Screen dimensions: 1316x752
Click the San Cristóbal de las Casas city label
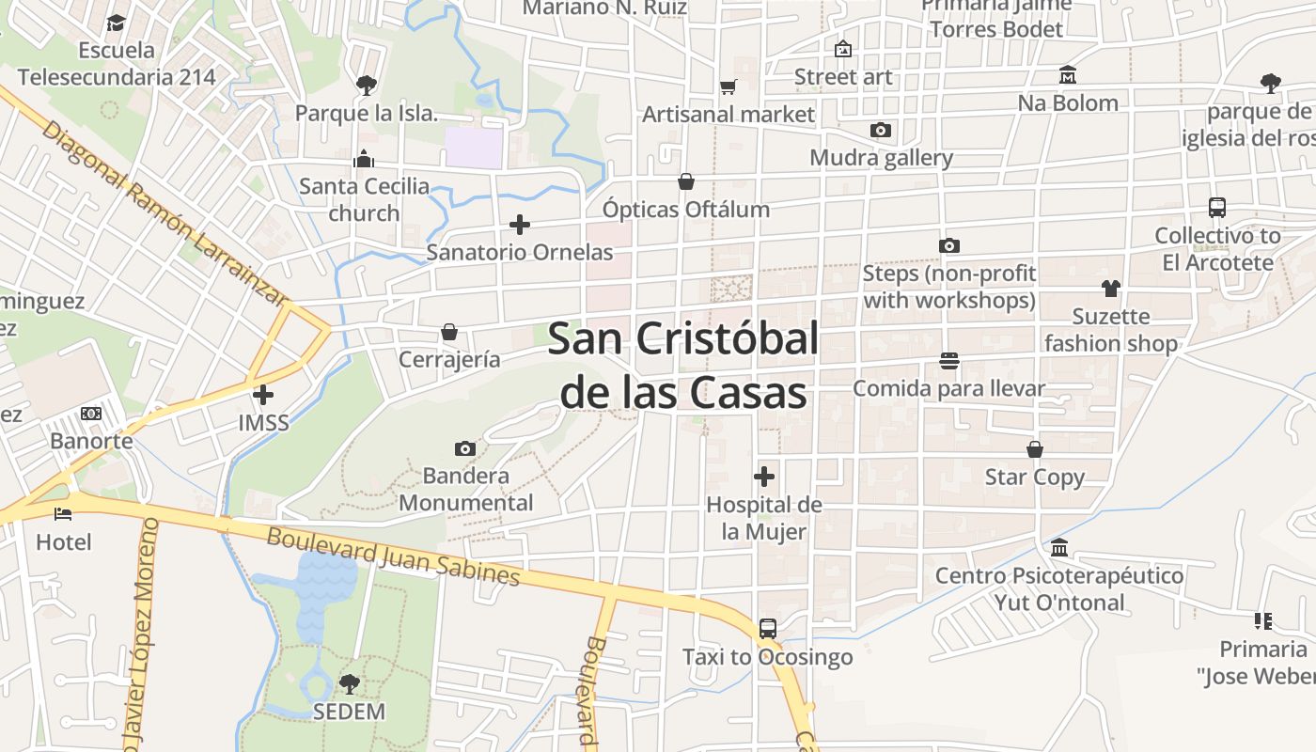pos(683,365)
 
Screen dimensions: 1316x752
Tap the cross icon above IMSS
pos(263,395)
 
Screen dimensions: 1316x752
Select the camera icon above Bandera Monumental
pos(465,448)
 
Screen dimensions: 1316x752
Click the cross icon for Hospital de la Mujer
pos(764,477)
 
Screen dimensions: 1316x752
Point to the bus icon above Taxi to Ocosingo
pos(768,628)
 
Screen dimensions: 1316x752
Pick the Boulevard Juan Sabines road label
pos(393,556)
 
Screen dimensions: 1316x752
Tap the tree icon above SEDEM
pos(349,683)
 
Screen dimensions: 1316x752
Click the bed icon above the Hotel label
pos(63,514)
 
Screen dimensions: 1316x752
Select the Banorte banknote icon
pos(91,414)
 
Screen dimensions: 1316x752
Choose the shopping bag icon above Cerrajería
pos(449,332)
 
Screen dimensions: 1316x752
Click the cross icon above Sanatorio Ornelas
pos(519,225)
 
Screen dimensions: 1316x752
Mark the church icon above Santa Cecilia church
pos(364,159)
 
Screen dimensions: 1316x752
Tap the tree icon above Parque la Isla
pos(366,86)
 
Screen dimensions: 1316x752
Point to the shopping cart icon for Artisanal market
pos(728,86)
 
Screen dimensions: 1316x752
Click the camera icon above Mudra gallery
pos(881,130)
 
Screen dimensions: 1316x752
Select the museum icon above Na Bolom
pos(1068,74)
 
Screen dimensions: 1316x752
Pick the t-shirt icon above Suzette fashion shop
pos(1111,289)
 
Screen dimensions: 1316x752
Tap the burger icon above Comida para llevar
pos(948,360)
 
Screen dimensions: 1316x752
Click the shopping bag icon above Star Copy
pos(1035,449)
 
